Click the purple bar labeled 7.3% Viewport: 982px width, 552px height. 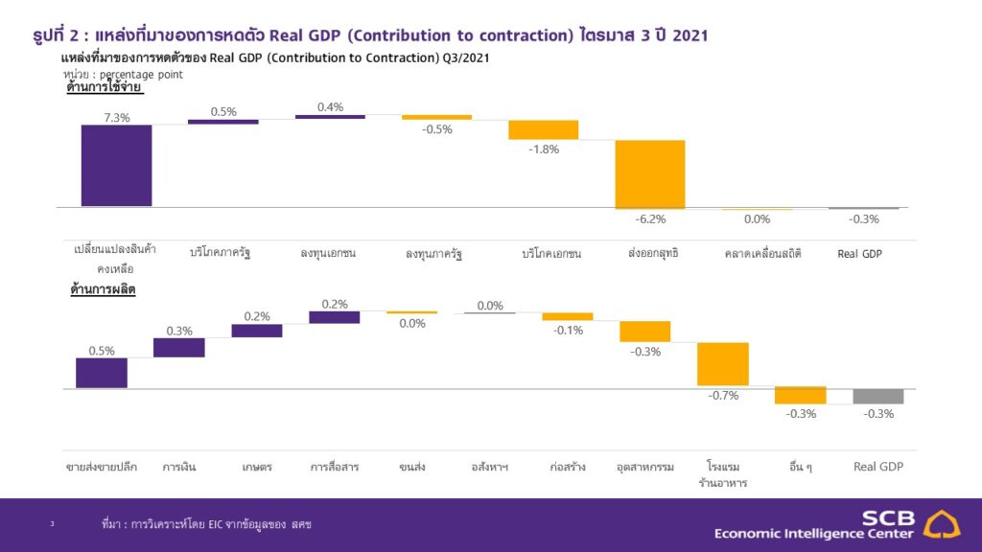coord(116,165)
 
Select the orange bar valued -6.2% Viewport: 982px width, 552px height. coord(650,173)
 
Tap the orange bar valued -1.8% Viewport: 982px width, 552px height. coord(543,130)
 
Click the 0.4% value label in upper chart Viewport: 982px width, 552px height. coord(330,106)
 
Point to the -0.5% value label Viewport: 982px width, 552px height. coord(436,129)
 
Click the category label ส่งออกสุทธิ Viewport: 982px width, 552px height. coord(653,253)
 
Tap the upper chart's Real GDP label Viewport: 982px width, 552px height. coord(860,253)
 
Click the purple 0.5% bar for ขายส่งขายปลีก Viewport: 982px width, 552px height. coord(102,373)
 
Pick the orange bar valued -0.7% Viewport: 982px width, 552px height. coord(722,364)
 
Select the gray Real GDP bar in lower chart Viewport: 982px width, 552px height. coord(877,397)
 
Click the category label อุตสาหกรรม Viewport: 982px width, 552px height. coord(648,468)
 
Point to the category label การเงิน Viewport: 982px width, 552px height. coord(180,468)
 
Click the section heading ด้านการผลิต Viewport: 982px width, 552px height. coord(103,288)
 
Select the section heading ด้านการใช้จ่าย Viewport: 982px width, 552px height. coord(105,87)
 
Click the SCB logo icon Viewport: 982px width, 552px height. coord(945,524)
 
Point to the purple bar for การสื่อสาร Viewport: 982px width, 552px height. coord(334,317)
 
